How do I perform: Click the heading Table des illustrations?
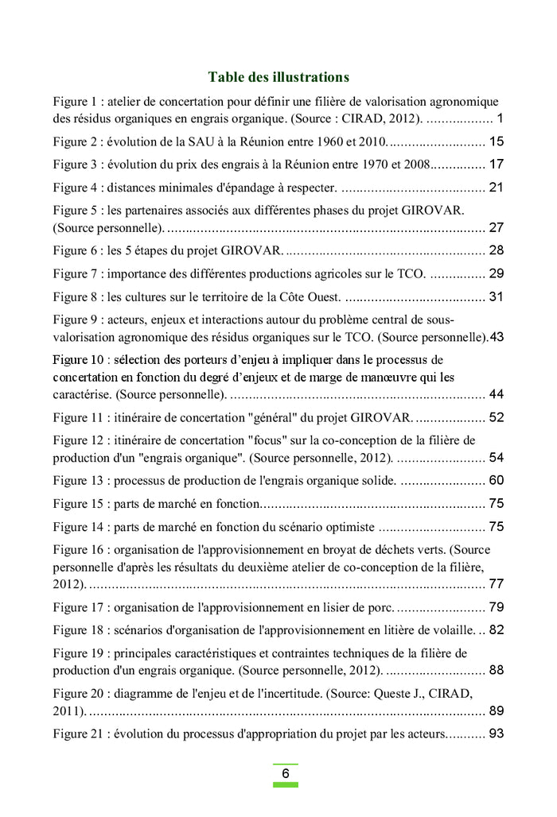(278, 77)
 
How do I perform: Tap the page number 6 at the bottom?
(285, 773)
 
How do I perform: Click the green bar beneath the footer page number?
(285, 784)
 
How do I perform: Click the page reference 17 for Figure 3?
(497, 165)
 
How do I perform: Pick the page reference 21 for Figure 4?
(497, 188)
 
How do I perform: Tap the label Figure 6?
(76, 251)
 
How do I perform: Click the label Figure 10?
(80, 360)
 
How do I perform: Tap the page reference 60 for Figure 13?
(497, 481)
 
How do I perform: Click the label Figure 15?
(80, 504)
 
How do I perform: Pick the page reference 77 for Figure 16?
(497, 584)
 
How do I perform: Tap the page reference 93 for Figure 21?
(497, 734)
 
